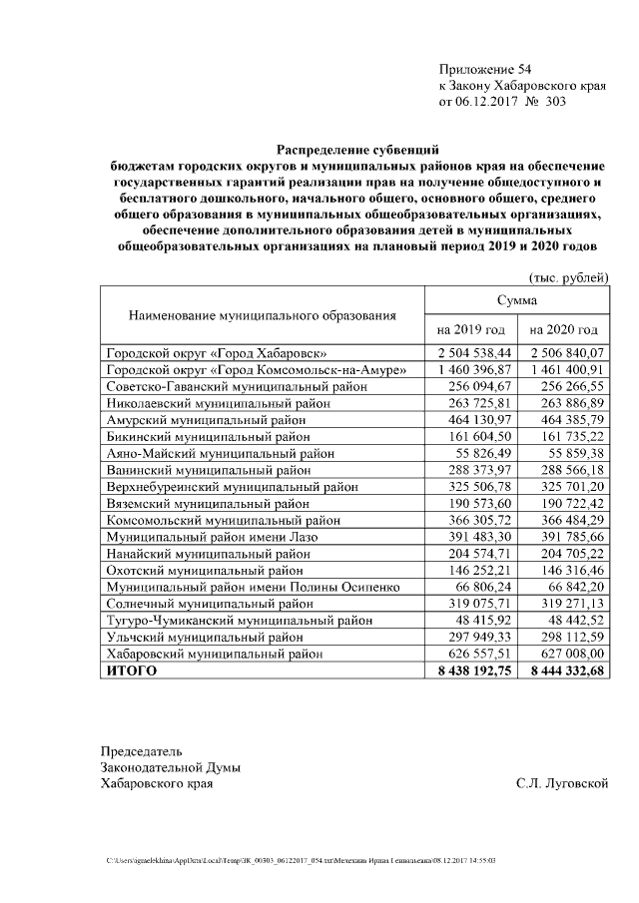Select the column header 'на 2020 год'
click(564, 329)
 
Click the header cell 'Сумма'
click(517, 299)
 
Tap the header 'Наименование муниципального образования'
click(263, 314)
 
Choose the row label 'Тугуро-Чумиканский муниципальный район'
click(239, 620)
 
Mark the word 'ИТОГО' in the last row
click(132, 670)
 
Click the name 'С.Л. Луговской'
click(562, 783)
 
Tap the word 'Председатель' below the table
click(142, 750)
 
